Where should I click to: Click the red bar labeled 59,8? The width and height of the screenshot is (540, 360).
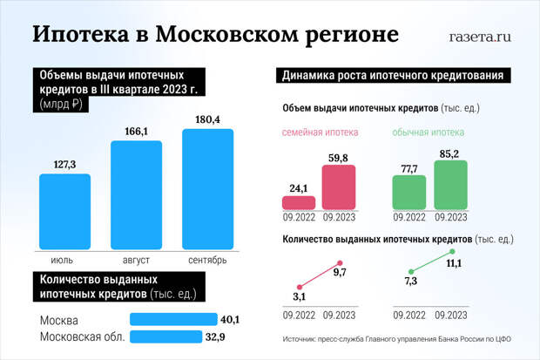click(339, 187)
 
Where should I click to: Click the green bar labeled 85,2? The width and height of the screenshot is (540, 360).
click(451, 185)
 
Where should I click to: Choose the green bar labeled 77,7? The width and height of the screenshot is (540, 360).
click(409, 191)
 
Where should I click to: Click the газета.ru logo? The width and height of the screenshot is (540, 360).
click(479, 37)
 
